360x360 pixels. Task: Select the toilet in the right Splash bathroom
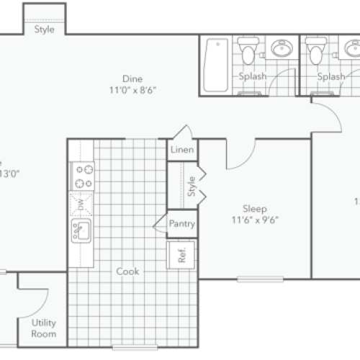point(315,53)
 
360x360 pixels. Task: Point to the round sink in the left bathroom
point(282,51)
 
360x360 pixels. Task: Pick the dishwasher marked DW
point(81,204)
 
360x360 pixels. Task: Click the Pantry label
point(182,224)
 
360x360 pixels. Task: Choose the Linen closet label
point(180,150)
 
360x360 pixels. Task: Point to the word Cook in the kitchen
point(128,271)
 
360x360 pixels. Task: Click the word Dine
point(133,78)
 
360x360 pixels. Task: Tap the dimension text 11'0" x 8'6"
point(133,90)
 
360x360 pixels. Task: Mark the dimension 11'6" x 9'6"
point(255,220)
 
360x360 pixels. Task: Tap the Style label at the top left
point(45,30)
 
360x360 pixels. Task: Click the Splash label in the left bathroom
point(253,76)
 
